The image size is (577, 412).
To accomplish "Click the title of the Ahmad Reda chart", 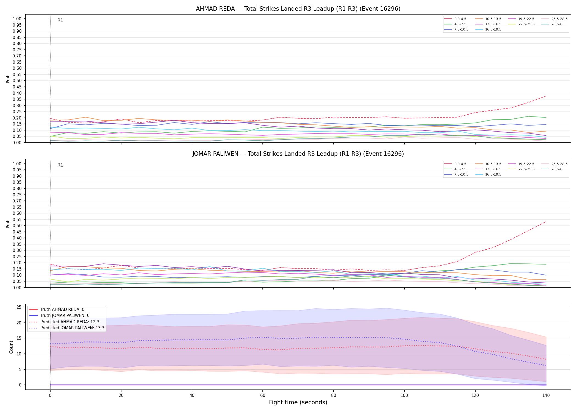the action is [298, 9].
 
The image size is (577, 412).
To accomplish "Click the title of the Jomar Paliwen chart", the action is [298, 154].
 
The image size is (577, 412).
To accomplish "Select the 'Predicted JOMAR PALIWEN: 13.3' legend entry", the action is [67, 328].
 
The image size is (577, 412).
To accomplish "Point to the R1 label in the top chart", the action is [60, 20].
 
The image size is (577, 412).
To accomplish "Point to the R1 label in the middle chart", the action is [60, 165].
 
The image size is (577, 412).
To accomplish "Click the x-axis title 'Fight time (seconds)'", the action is [298, 402].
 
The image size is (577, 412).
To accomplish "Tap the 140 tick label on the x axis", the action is [546, 396].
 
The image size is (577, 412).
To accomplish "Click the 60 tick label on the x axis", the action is [263, 396].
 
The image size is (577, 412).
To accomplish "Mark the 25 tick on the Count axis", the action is [19, 307].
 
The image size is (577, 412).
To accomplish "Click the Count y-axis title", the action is [11, 347].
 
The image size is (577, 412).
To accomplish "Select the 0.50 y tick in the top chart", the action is [17, 81].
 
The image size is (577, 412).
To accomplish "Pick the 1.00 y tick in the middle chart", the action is [17, 164].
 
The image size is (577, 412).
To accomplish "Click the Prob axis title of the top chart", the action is [8, 79].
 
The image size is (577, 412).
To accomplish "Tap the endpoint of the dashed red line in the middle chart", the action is [546, 222].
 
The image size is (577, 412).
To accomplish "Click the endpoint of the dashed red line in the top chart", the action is [546, 96].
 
